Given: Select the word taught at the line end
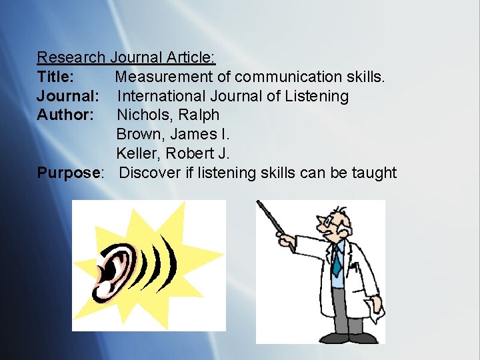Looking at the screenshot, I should coord(375,173).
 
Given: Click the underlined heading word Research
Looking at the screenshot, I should coord(71,58).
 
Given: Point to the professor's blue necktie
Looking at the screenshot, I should coord(337,259).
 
